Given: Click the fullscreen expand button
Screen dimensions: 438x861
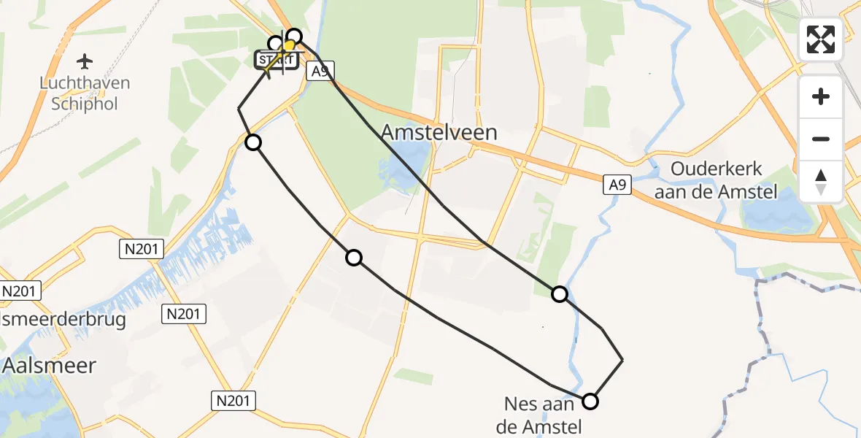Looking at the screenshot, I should pos(821,39).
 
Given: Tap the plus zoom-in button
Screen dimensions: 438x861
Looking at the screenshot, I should pos(821,96).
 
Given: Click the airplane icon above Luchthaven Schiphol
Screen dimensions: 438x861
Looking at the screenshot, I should pos(85,60).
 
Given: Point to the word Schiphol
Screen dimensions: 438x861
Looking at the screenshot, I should pos(85,103).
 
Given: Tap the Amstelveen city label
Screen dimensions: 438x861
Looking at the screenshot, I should pos(439,132).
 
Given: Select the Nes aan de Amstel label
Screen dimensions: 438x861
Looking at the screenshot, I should pos(538,414).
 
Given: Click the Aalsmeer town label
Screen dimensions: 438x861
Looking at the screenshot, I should pos(50,365).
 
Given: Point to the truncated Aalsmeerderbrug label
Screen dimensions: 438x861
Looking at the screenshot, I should pos(63,319).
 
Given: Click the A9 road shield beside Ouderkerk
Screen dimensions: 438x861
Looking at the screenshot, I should pos(617,186).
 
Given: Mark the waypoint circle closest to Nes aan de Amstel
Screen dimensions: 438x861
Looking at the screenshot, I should pos(590,401).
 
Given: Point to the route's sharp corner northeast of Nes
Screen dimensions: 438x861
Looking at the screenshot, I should pos(622,360).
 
